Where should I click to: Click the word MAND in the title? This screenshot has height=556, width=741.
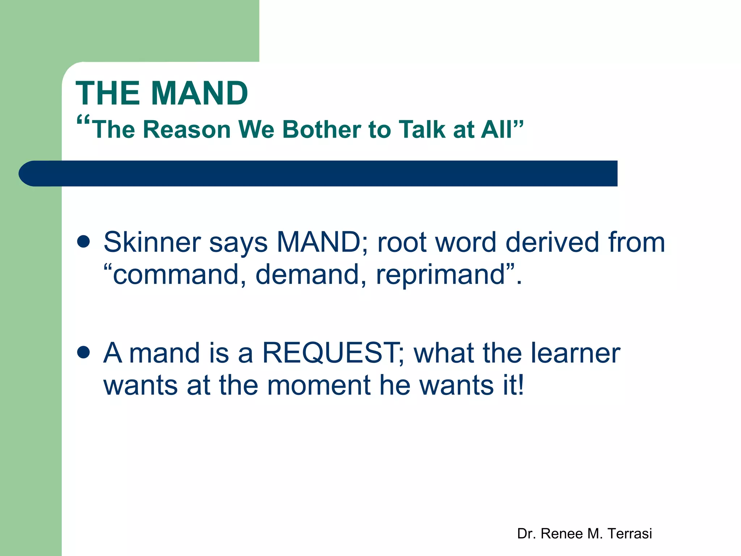click(199, 93)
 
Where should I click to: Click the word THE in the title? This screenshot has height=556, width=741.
click(107, 93)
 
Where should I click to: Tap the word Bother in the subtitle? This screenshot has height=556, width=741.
click(321, 129)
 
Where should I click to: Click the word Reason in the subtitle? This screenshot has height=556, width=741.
click(187, 129)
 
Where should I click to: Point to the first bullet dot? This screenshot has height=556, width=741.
click(84, 241)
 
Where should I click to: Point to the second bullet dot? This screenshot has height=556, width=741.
click(84, 352)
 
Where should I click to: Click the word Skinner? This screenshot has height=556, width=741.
click(152, 242)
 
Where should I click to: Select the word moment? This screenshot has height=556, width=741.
click(320, 385)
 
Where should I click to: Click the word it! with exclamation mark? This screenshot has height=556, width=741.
click(513, 385)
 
